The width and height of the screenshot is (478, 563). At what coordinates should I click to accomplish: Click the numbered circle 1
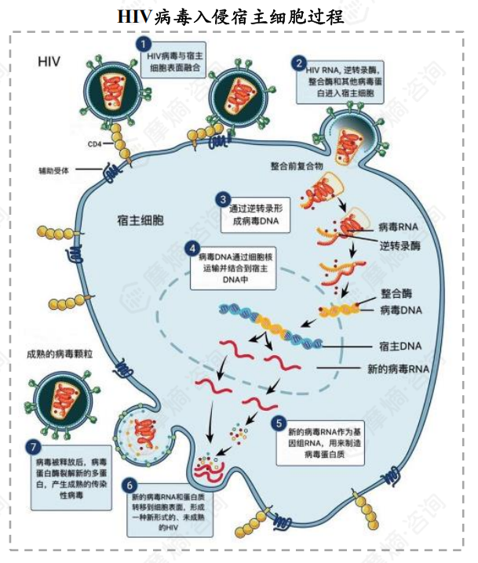click(143, 43)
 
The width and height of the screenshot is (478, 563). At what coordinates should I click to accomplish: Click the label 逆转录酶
click(400, 245)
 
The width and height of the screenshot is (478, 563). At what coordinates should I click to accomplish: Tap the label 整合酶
click(397, 293)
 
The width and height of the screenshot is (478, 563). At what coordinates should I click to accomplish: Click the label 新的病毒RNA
click(398, 368)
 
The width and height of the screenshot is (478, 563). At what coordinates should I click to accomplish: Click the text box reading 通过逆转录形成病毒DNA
click(254, 216)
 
